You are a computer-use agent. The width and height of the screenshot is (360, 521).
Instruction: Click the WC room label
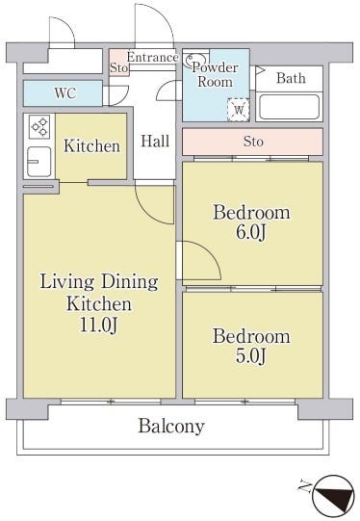65,93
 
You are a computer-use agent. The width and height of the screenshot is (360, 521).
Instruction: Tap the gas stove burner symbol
39,126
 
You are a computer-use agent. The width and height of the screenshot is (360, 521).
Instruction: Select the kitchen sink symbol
39,162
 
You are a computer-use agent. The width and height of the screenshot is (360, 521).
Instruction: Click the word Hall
155,141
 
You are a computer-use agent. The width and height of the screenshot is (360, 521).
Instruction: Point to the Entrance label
152,57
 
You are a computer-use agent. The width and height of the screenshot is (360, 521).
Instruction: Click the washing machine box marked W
239,110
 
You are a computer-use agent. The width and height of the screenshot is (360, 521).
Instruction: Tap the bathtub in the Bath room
289,107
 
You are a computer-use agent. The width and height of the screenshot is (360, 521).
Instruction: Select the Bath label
291,78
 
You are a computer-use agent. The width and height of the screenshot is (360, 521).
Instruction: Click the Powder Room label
216,74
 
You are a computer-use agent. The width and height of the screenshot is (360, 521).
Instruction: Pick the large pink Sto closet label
253,142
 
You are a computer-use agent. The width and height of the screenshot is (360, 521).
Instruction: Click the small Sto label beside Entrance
119,67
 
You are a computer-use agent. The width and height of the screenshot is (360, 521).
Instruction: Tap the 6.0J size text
251,232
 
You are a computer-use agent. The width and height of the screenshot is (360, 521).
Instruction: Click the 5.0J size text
251,356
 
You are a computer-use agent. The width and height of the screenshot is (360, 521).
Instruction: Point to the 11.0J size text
98,325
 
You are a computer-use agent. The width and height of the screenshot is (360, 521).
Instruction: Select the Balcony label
171,427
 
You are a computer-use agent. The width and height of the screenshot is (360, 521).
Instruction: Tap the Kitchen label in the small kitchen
91,145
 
